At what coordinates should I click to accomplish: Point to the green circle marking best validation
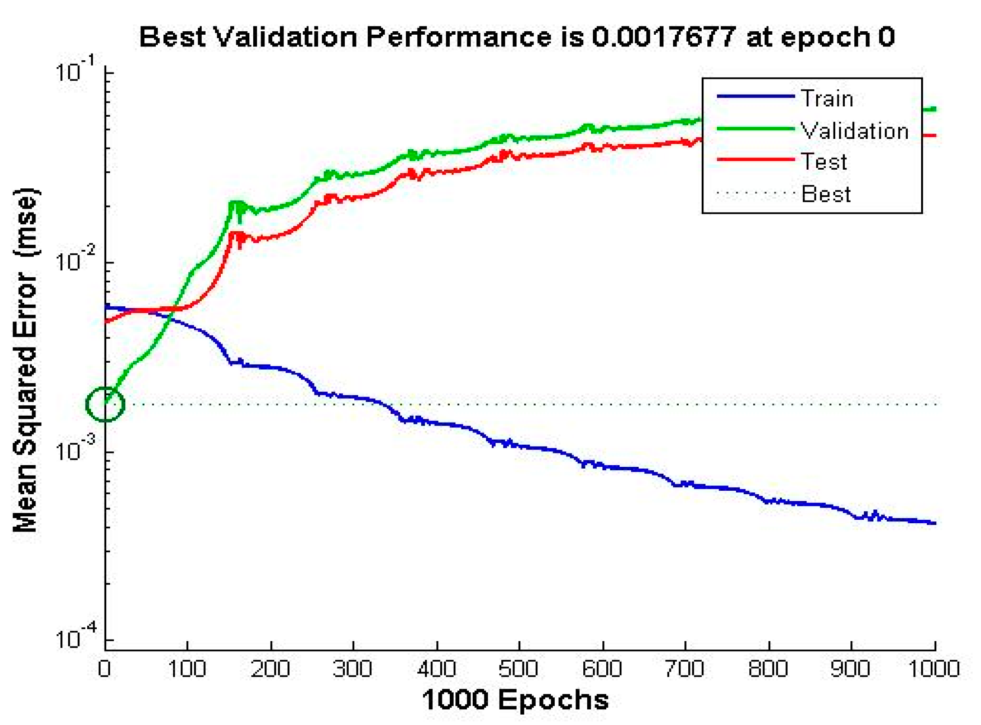pyautogui.click(x=105, y=404)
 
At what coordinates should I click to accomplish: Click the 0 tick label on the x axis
pyautogui.click(x=105, y=669)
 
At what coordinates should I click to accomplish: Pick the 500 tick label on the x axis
pyautogui.click(x=519, y=669)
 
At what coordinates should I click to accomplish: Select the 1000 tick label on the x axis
pyautogui.click(x=934, y=669)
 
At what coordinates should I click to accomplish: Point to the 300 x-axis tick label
pyautogui.click(x=353, y=669)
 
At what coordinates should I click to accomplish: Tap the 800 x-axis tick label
pyautogui.click(x=768, y=669)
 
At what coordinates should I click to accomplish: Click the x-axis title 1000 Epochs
pyautogui.click(x=516, y=699)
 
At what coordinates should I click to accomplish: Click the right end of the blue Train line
pyautogui.click(x=934, y=523)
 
